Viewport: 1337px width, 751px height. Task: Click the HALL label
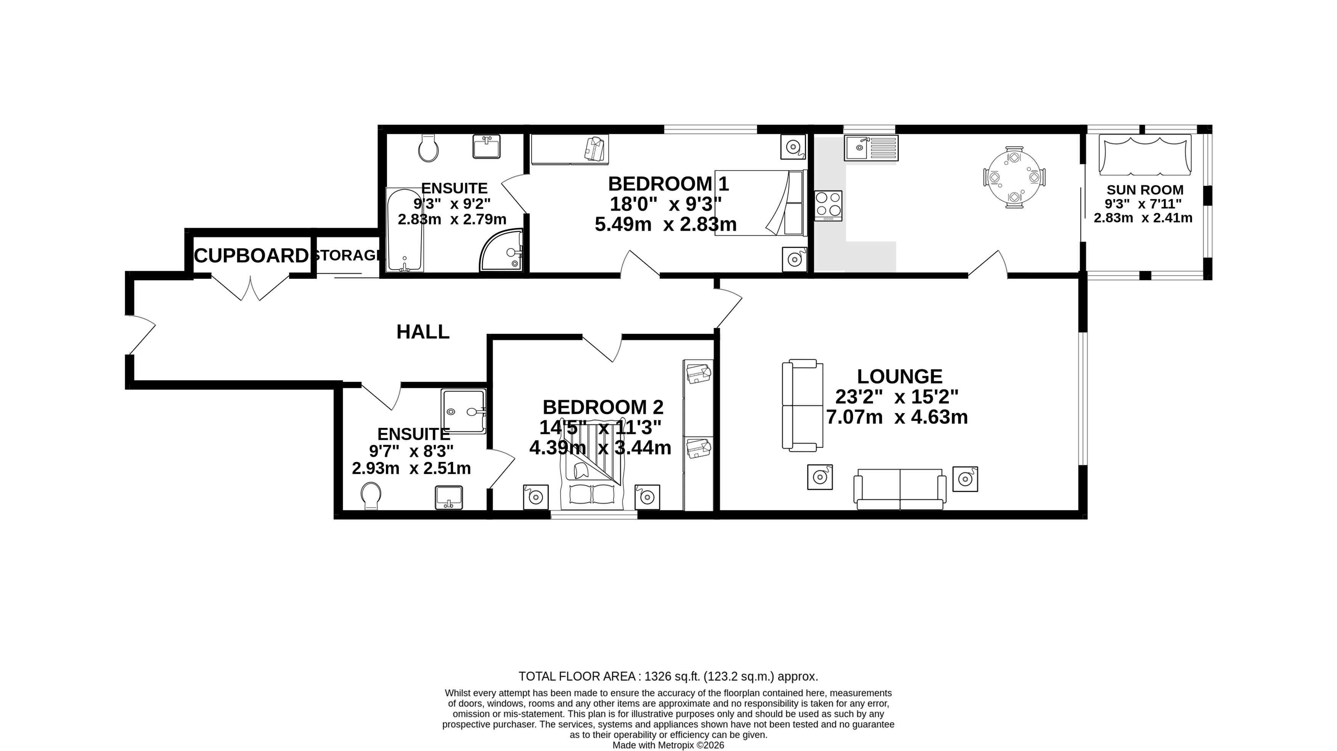click(x=423, y=332)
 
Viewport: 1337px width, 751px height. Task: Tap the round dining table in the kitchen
click(x=1014, y=177)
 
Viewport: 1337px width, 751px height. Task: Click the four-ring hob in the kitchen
click(x=828, y=204)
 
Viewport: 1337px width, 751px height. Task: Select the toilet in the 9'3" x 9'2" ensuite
click(x=428, y=150)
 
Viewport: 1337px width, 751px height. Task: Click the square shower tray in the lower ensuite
click(x=463, y=411)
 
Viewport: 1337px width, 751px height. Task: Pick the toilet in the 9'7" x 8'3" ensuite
click(x=371, y=496)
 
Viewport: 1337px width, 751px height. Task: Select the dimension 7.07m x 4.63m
click(x=897, y=417)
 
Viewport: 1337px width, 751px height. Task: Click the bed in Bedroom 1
click(x=760, y=203)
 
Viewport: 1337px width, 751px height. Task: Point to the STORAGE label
click(x=348, y=255)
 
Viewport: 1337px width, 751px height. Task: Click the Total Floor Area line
click(x=668, y=677)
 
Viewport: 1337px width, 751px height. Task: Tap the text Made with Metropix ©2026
click(x=668, y=745)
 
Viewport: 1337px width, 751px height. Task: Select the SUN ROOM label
click(x=1145, y=190)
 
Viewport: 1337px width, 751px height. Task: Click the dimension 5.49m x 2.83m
click(x=665, y=225)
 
